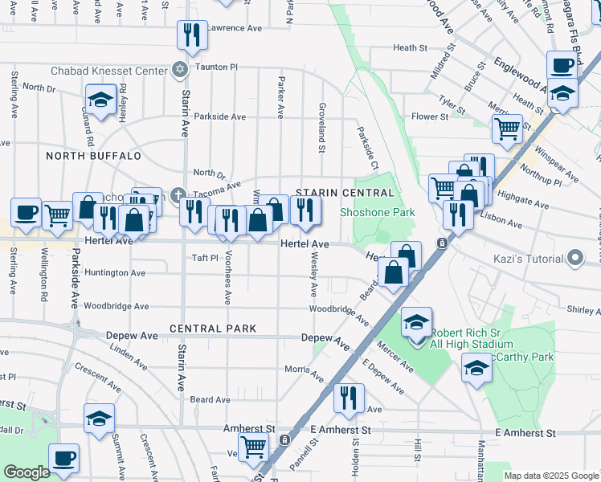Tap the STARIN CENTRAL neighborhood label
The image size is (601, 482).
[345, 193]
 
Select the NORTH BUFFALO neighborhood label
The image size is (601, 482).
[93, 156]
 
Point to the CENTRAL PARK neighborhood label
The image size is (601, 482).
[213, 329]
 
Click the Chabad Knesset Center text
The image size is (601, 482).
[108, 71]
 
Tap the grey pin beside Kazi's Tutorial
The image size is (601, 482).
[574, 258]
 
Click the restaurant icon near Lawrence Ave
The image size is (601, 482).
[192, 34]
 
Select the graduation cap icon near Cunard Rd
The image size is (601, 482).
[100, 100]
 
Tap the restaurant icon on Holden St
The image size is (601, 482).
[349, 397]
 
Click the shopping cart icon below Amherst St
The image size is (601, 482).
[254, 446]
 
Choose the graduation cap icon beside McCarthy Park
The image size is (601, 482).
[476, 368]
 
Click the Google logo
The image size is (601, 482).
[27, 472]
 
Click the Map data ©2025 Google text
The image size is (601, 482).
[551, 476]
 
